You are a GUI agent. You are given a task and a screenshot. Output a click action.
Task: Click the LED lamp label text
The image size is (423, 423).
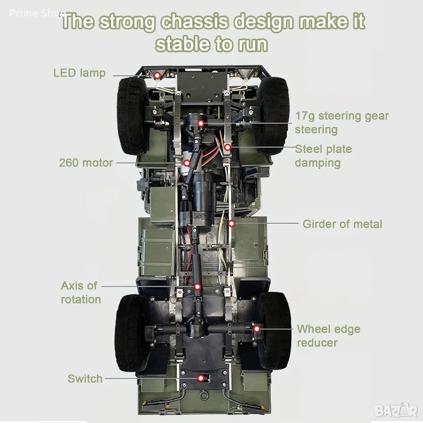coord(79,74)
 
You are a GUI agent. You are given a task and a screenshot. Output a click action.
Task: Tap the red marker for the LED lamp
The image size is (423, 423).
coord(157,75)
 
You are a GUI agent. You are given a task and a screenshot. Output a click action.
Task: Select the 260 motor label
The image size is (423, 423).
coord(86,163)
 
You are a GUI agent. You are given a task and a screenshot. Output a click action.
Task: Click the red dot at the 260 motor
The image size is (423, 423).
coord(187,163)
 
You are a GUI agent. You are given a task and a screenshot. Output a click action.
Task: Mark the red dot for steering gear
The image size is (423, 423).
coord(200,123)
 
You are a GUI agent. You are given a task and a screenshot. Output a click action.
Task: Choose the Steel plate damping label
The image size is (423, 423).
coord(323,156)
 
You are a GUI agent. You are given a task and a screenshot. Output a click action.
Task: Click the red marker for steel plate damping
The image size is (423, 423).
coord(228,147)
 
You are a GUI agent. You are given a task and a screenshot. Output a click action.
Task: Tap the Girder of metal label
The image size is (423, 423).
coord(342,224)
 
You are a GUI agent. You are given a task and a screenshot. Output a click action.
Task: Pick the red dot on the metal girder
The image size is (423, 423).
coord(231,223)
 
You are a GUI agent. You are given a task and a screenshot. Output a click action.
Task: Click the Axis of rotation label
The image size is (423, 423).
coord(81,293)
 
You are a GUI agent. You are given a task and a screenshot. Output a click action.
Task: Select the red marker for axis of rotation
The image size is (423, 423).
coord(197,286)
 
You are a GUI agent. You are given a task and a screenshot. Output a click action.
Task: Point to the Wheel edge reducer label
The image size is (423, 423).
coord(329,336)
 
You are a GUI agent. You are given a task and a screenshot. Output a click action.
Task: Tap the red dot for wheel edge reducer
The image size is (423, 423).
coord(256,329)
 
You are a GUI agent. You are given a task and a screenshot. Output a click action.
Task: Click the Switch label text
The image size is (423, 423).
coord(85,379)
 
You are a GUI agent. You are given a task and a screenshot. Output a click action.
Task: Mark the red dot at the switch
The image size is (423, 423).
coord(200,378)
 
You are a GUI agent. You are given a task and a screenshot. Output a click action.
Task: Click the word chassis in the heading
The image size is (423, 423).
coord(194,22)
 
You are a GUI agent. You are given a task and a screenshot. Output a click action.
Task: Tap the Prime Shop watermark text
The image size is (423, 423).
coord(37,13)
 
